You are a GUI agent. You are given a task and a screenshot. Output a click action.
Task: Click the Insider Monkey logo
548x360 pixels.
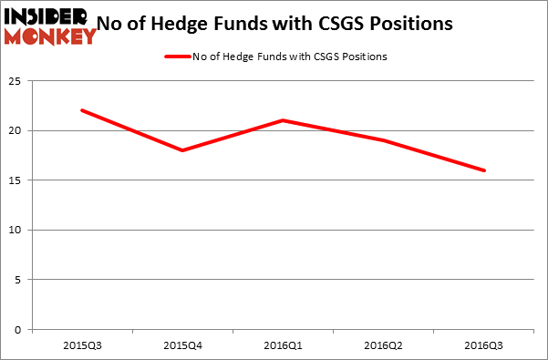[x=50, y=26]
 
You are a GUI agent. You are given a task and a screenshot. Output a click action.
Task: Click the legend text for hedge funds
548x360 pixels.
[x=289, y=57]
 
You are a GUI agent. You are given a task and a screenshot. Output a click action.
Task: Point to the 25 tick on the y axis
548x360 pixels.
[x=16, y=81]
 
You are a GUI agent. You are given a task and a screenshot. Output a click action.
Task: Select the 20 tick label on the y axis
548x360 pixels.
[x=16, y=131]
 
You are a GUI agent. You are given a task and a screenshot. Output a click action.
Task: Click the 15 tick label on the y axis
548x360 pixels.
[x=16, y=180]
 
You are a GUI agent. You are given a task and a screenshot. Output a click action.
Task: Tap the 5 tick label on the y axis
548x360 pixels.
[x=19, y=280]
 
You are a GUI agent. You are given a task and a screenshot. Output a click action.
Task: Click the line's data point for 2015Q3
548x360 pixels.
[x=82, y=110]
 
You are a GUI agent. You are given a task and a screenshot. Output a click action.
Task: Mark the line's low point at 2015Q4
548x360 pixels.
[x=182, y=150]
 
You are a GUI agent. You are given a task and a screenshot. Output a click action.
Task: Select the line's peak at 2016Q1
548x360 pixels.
[x=284, y=120]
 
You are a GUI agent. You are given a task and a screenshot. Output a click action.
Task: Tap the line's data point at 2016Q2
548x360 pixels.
[x=384, y=140]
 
